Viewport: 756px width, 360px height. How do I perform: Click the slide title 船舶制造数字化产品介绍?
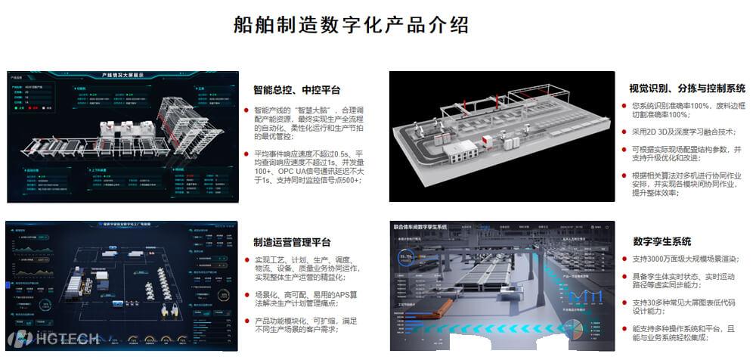(351, 24)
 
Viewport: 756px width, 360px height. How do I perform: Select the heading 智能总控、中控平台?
(296, 89)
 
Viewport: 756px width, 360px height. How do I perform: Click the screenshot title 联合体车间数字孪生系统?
(421, 226)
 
